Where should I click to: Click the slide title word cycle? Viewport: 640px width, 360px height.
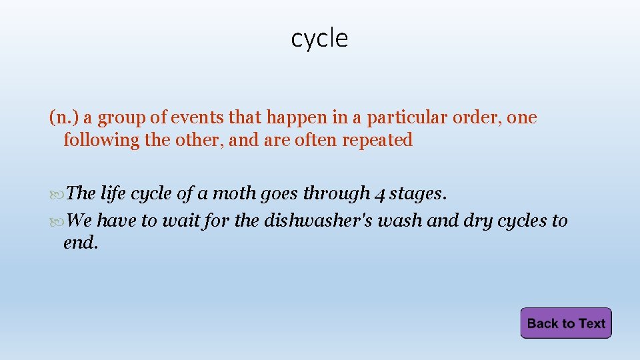tap(319, 39)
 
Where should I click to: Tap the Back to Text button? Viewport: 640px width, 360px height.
tap(565, 323)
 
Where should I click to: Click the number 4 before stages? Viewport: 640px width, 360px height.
tap(379, 194)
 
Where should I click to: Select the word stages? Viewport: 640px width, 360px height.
tap(417, 193)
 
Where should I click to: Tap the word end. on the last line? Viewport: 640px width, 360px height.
tap(81, 243)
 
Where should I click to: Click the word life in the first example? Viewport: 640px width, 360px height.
tap(113, 193)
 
